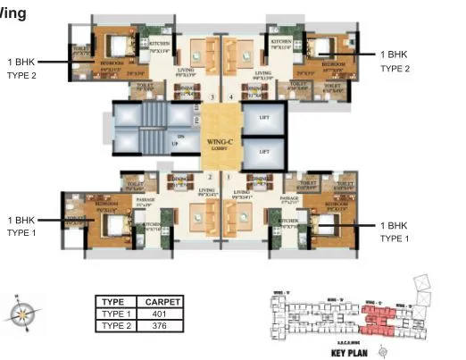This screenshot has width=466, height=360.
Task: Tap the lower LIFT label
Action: coord(264,152)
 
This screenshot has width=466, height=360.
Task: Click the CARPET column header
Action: coord(162,303)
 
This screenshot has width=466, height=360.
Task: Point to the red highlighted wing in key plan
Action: coord(379,317)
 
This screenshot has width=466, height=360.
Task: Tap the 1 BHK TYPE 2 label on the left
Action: coord(22,69)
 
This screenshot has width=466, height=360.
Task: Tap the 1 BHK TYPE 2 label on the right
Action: coord(395,62)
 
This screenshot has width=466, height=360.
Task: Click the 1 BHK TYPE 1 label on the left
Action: coord(22,226)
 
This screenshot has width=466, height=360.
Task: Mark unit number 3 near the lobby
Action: coord(212,96)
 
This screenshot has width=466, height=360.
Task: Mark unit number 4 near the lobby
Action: coord(229,96)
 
